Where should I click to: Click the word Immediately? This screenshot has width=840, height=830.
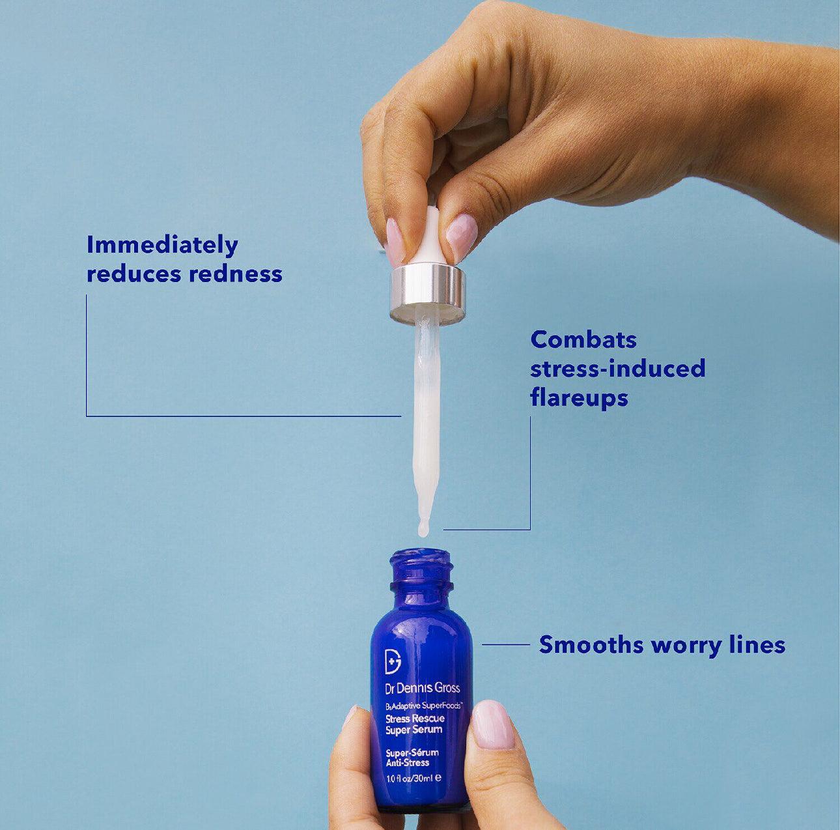(162, 246)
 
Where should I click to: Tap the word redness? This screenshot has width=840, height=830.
(236, 274)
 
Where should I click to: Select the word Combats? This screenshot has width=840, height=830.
(583, 339)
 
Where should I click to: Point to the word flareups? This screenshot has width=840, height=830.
(579, 397)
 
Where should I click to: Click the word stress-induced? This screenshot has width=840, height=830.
(617, 369)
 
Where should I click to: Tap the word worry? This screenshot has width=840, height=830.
(682, 645)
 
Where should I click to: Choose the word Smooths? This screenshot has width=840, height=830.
(591, 645)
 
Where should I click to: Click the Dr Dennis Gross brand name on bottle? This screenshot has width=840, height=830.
(423, 688)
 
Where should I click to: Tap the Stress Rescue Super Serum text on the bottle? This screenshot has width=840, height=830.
(415, 724)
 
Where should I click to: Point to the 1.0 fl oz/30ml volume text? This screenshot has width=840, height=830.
(413, 778)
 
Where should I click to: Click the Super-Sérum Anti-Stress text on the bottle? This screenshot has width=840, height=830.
(412, 757)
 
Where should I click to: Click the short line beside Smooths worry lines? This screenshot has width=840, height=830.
(506, 644)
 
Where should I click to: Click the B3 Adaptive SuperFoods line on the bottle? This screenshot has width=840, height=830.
(423, 706)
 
